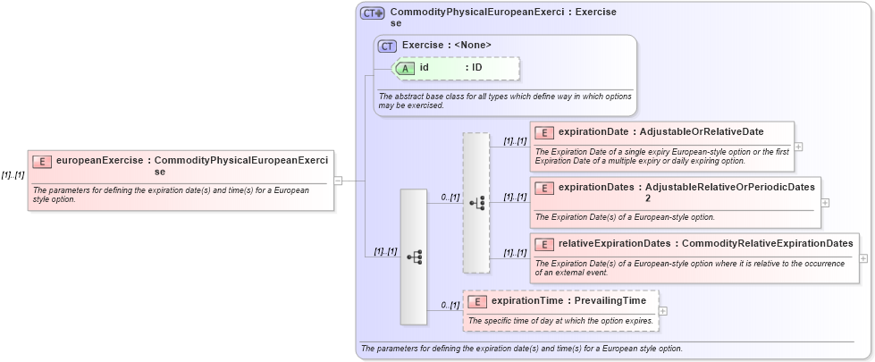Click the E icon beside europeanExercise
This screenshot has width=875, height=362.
41,161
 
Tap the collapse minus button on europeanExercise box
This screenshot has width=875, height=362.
338,181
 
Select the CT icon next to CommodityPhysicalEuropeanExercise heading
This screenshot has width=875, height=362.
372,13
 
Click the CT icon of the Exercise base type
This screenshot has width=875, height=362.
387,45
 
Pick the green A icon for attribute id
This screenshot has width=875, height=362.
405,68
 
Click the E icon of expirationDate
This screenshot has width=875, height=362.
543,132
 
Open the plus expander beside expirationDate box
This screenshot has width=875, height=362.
798,147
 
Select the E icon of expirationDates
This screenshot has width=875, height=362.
543,188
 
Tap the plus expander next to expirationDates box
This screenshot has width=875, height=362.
825,202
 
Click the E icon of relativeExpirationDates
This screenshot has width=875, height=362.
543,243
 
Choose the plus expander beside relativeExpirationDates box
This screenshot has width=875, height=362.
863,257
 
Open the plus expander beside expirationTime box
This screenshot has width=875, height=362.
662,311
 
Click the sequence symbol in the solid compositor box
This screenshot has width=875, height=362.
414,257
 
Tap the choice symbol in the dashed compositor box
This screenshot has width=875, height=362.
476,203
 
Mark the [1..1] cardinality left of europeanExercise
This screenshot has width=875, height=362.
13,174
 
